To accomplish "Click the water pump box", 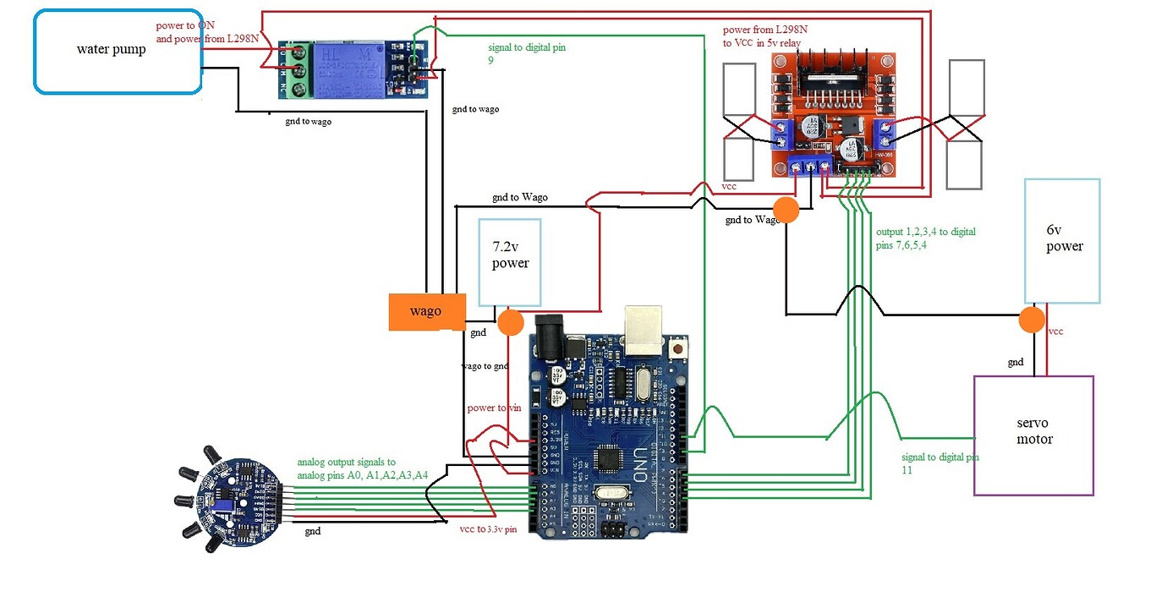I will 118,51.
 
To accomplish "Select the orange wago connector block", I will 426,311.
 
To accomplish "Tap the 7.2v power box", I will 510,262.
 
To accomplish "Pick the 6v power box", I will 1062,241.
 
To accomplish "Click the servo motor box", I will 1033,435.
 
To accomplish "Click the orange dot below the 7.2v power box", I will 510,321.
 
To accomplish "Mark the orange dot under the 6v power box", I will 1031,320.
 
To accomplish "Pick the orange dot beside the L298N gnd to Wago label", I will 786,211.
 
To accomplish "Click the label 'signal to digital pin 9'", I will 527,54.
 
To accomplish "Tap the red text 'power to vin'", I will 495,408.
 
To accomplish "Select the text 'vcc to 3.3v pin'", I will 488,530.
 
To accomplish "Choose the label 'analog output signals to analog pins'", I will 362,468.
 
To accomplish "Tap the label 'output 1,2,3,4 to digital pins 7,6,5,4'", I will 925,238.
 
